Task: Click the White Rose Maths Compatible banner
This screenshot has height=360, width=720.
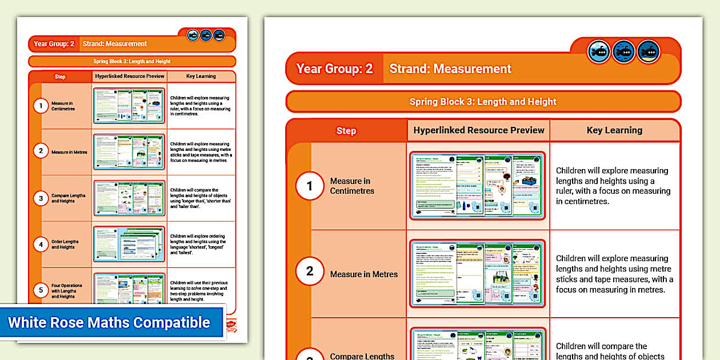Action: click(x=109, y=322)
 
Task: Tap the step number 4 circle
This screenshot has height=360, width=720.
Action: click(x=41, y=245)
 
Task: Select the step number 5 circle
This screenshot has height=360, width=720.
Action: click(x=41, y=290)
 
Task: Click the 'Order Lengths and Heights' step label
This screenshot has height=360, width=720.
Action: click(x=65, y=245)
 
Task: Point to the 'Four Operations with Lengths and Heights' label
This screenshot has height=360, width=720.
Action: click(x=67, y=291)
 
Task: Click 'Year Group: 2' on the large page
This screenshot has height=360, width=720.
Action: click(x=334, y=69)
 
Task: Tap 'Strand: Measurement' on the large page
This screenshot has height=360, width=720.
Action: click(x=450, y=69)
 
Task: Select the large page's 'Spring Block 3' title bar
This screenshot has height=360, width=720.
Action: click(x=483, y=102)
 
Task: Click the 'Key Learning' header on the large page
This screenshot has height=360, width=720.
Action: click(x=614, y=130)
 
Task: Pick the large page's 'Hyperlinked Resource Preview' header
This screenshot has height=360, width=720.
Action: click(x=479, y=130)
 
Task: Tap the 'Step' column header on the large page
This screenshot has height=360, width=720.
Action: click(x=346, y=131)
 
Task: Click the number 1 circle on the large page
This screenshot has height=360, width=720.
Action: click(x=310, y=186)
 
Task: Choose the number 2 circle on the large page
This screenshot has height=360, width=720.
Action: click(x=310, y=271)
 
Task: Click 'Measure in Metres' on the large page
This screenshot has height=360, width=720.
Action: click(x=364, y=274)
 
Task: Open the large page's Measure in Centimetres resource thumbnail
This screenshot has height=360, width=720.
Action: click(x=477, y=186)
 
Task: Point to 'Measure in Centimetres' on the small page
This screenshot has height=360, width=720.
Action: click(x=63, y=106)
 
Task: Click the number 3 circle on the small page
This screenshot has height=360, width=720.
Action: click(x=41, y=199)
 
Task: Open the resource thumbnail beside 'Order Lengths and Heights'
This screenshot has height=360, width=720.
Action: click(x=129, y=244)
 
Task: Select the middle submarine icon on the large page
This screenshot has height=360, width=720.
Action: click(x=624, y=52)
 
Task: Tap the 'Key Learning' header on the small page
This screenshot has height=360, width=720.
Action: click(x=201, y=77)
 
